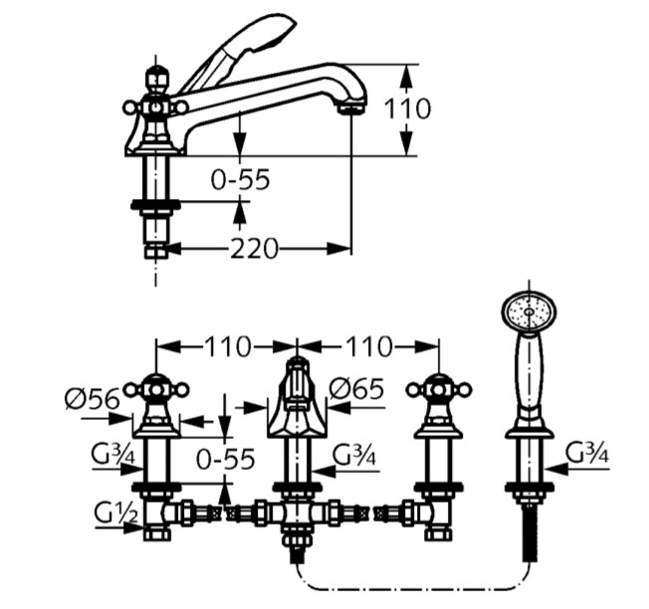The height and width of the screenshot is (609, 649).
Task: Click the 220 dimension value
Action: click(x=254, y=248)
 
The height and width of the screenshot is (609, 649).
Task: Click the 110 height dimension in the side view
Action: click(x=408, y=107)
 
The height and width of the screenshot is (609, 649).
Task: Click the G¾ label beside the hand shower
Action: click(x=588, y=453)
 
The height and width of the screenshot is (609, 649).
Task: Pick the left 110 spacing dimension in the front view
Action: click(x=229, y=347)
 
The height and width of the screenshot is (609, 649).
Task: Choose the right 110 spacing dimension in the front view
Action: click(x=367, y=347)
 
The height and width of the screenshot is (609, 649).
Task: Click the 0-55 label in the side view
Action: click(x=240, y=179)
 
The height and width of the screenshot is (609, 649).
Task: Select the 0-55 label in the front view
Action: click(x=226, y=459)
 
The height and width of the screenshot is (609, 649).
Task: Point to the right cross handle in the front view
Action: click(x=439, y=388)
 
